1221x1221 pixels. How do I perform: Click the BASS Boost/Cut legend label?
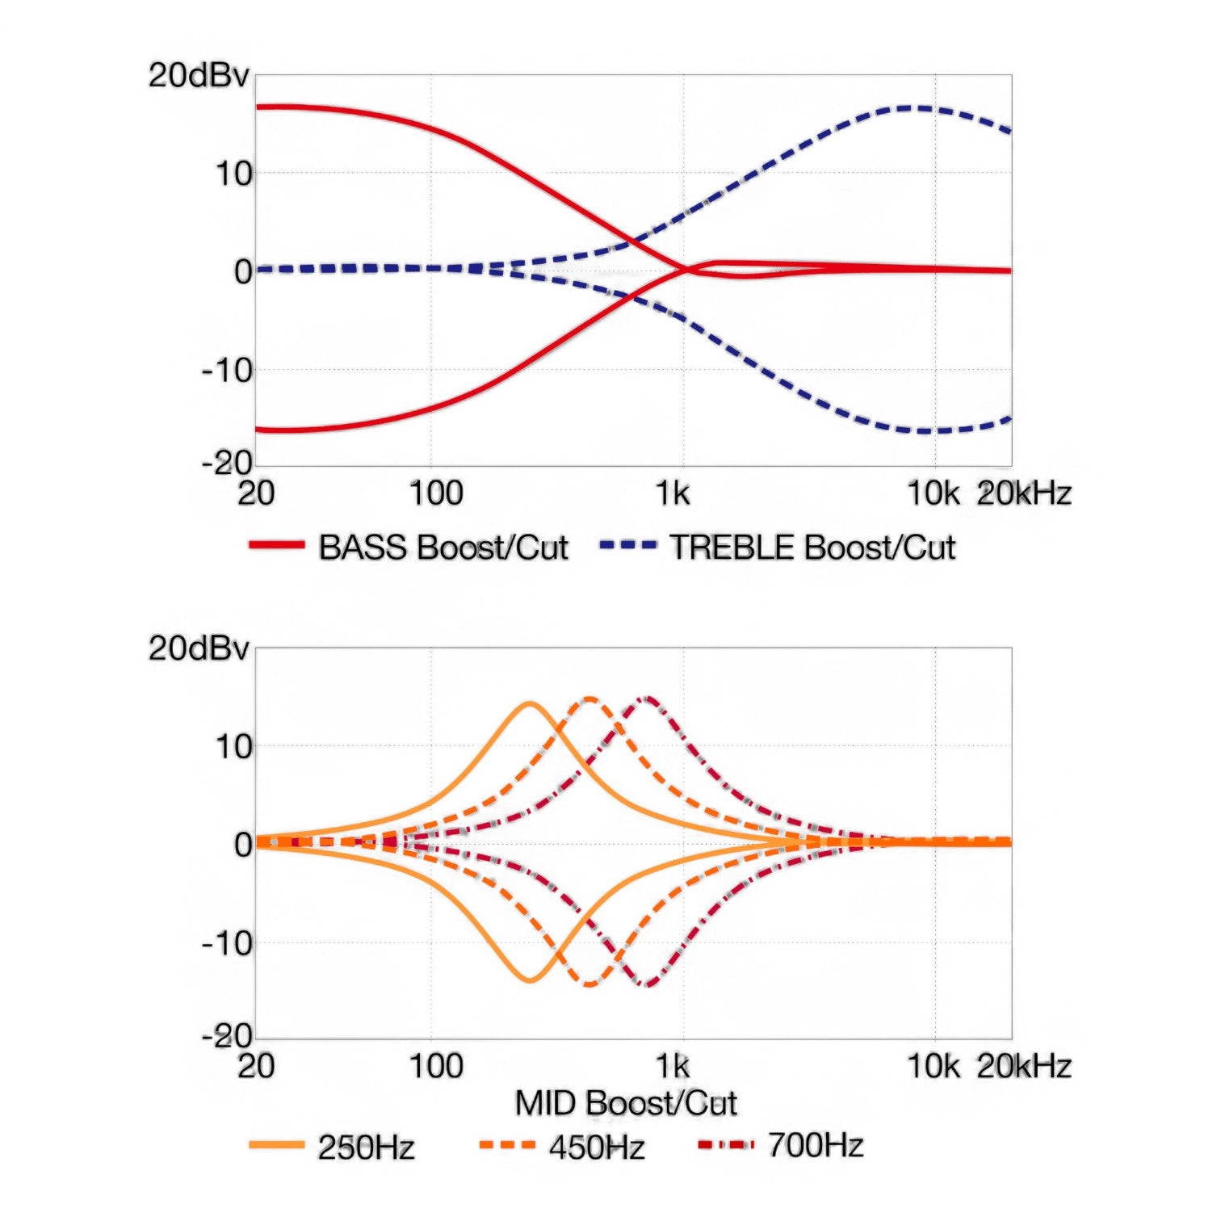tap(443, 548)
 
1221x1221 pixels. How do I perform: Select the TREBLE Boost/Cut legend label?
tap(812, 548)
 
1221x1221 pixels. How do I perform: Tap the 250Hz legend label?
tap(366, 1148)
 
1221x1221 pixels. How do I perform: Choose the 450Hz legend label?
tap(597, 1148)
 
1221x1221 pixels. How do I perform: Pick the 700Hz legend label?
tap(816, 1145)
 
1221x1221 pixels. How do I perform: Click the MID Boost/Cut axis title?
tap(626, 1103)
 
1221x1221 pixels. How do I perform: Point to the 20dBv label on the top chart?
tap(199, 75)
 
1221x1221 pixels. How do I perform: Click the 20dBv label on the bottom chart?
tap(199, 648)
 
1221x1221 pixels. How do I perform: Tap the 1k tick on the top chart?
tap(673, 493)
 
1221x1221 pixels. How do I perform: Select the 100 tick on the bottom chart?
tap(436, 1066)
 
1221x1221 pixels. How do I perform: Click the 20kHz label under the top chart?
tap(1024, 493)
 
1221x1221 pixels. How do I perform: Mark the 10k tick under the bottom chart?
tap(934, 1066)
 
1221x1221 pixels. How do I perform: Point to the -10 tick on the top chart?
tap(228, 371)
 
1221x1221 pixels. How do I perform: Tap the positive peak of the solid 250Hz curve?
tap(529, 703)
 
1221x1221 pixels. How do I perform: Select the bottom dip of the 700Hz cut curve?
tap(648, 984)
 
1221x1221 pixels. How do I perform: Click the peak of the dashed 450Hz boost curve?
tap(590, 699)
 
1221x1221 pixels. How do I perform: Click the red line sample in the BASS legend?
tap(277, 546)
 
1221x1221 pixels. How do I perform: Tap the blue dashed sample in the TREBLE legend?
tap(627, 546)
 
